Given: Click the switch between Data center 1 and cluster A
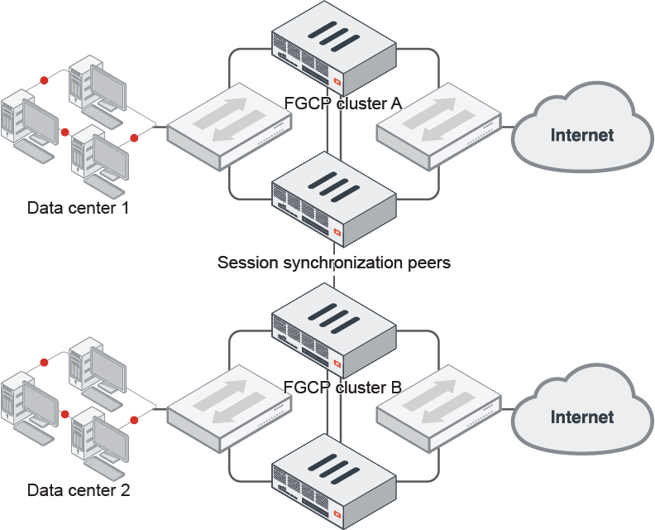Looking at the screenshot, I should (x=229, y=126).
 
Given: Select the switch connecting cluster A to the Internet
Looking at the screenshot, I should (x=439, y=126).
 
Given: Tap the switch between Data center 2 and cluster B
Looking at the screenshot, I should (x=229, y=408).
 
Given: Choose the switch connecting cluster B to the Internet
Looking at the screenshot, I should (x=439, y=408).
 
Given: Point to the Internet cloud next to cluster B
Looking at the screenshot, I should (x=581, y=417).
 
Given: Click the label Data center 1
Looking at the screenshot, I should (x=79, y=207).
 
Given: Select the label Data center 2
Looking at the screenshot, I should (x=79, y=490).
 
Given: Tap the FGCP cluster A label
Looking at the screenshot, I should (x=342, y=104).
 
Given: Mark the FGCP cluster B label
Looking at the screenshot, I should (x=342, y=387).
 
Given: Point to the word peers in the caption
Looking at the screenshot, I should (x=428, y=263).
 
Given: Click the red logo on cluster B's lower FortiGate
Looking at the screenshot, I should (x=338, y=516).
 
